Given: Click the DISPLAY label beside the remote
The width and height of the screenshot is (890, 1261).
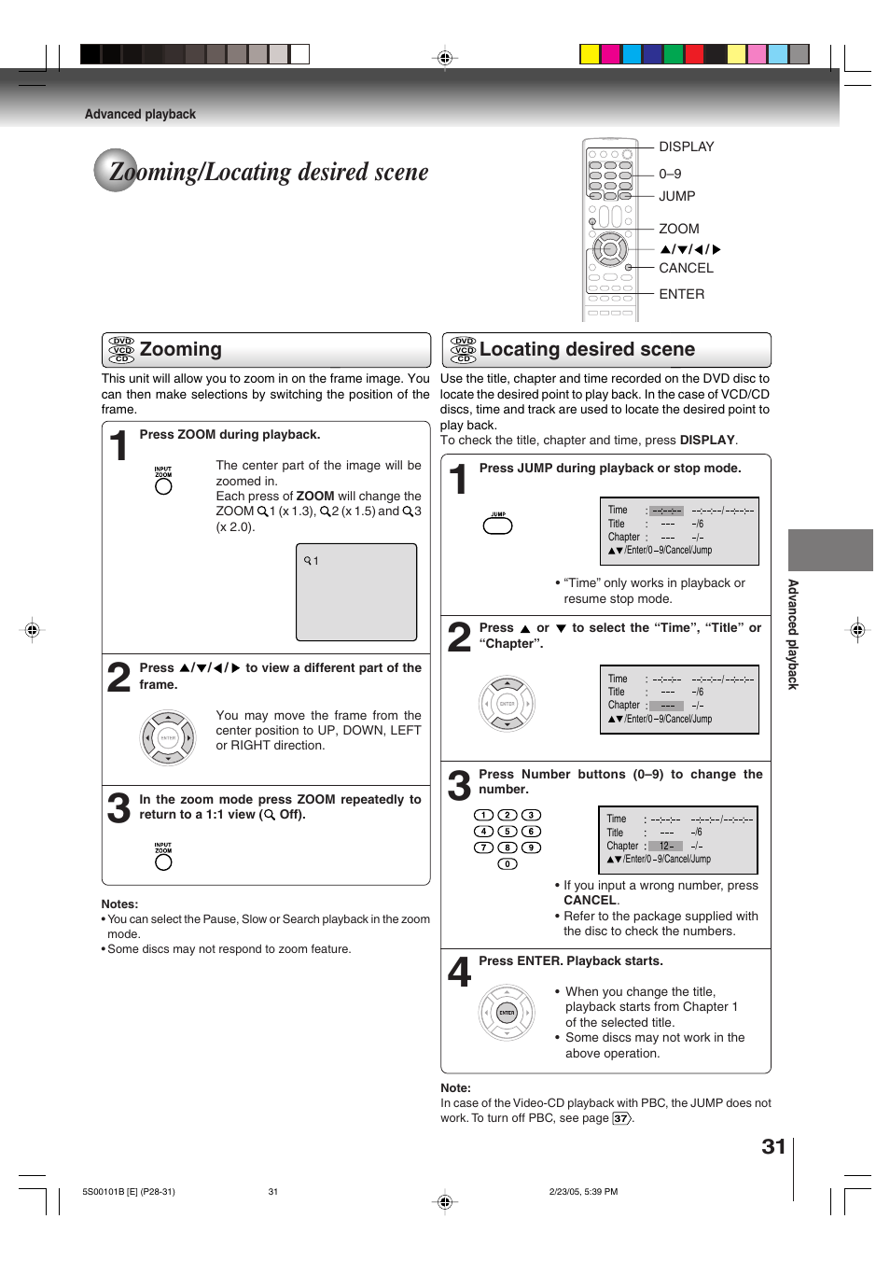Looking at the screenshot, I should [x=686, y=147].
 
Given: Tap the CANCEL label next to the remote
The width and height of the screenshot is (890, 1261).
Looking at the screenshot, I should [x=686, y=268].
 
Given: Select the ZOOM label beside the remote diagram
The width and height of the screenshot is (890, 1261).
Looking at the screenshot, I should [x=678, y=229].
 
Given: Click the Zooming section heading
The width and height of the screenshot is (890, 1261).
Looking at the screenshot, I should [x=180, y=349].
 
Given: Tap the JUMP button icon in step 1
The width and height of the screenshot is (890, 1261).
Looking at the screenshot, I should [x=497, y=525].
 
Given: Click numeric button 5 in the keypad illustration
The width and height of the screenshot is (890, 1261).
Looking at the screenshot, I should [x=507, y=832].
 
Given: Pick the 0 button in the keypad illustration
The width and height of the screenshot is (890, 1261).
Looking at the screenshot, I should [x=507, y=864].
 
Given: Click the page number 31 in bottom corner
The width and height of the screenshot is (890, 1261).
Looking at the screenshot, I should [x=773, y=1147].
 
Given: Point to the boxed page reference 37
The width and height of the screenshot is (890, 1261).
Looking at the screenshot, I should [x=620, y=1118].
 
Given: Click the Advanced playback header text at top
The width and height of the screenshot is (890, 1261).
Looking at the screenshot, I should [x=140, y=114].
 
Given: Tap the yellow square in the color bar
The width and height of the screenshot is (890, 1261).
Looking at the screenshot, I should [x=590, y=54].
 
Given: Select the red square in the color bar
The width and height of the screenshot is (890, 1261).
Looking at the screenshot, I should [x=694, y=54].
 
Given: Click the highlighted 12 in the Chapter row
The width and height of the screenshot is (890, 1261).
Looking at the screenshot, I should [x=666, y=846].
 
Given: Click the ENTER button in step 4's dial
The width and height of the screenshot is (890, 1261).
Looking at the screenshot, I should [x=507, y=1013].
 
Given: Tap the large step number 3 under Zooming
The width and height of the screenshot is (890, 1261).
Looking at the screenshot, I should [x=118, y=808].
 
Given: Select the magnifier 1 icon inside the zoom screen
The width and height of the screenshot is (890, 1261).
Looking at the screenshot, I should [x=311, y=561].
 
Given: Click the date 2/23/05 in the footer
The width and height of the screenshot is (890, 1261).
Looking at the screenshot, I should [x=564, y=1192].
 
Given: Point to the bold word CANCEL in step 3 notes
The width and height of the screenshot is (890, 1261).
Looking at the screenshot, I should [x=590, y=901].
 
